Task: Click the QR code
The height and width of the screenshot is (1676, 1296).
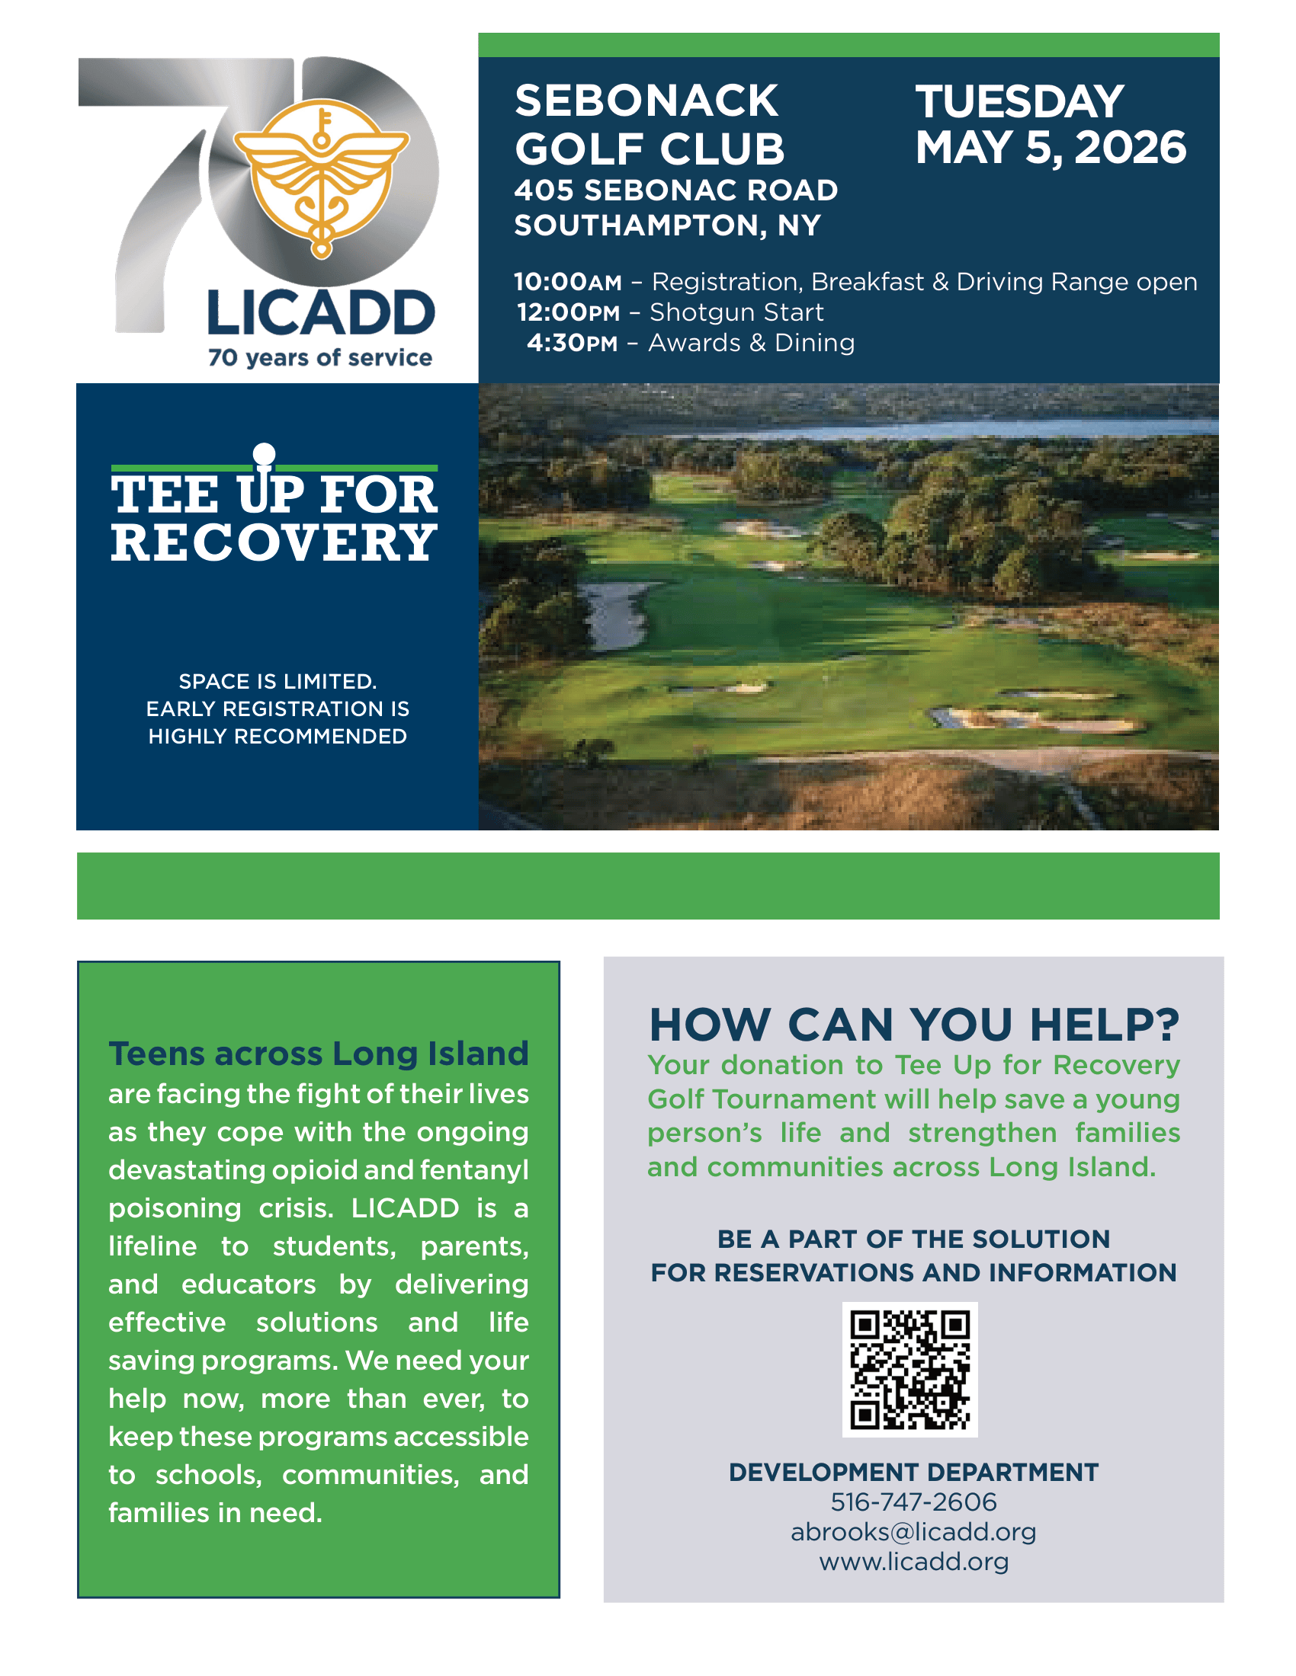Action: click(909, 1369)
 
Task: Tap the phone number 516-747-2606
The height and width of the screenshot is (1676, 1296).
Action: click(913, 1502)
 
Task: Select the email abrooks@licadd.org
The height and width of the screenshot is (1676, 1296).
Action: click(913, 1532)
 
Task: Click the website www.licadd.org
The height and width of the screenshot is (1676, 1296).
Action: click(913, 1562)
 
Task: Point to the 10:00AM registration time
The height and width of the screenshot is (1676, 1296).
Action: click(567, 283)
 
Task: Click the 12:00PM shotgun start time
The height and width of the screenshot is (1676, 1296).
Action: click(568, 313)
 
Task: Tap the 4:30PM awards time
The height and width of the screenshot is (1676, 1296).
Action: click(572, 343)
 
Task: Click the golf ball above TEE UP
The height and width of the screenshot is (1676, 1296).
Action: click(264, 453)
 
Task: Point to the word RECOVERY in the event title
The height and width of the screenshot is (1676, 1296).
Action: click(274, 542)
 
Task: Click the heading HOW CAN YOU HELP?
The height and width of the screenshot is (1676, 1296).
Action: click(913, 1025)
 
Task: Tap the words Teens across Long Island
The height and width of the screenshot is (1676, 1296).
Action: click(319, 1054)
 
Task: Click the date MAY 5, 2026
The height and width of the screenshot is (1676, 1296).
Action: click(1051, 147)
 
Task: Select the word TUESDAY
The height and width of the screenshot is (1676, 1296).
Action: click(1019, 101)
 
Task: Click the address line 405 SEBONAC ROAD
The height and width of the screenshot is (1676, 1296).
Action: click(675, 190)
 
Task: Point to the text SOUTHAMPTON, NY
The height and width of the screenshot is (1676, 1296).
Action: click(667, 225)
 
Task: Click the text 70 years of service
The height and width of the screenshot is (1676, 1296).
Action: click(320, 357)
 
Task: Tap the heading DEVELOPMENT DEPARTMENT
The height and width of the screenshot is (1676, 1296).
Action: click(913, 1472)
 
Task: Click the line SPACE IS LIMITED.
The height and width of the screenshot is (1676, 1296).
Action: click(278, 682)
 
